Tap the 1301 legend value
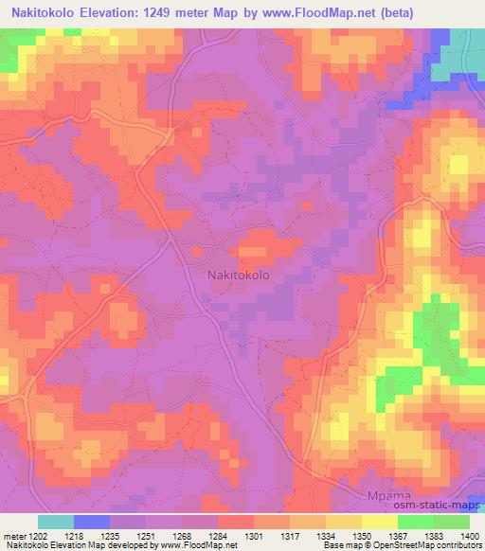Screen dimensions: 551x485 pyautogui.click(x=254, y=536)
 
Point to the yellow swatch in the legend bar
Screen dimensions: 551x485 pyautogui.click(x=379, y=522)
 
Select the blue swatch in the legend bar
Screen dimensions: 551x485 pyautogui.click(x=91, y=522)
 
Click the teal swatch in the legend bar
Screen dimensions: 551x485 pyautogui.click(x=55, y=522)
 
